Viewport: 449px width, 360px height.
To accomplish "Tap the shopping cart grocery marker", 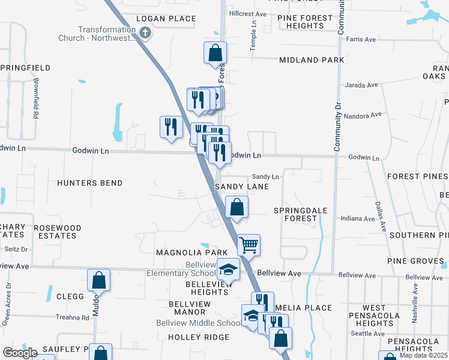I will pos(249,244).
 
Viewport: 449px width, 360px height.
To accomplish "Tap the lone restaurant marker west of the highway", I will pos(171,127).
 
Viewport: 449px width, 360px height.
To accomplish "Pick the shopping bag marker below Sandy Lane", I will pos(238,208).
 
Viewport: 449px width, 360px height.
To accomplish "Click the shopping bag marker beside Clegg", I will pos(99,280).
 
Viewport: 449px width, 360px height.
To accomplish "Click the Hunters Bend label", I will pos(90,183).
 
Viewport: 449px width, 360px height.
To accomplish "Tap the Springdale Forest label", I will pos(295,215).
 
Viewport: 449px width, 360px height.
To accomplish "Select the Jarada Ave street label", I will pos(360,85).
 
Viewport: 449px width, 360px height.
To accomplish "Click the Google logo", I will pos(20,353).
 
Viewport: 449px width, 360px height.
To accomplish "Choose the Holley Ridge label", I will pos(199,337).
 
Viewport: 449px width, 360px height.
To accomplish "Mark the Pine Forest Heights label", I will pos(305,22).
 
